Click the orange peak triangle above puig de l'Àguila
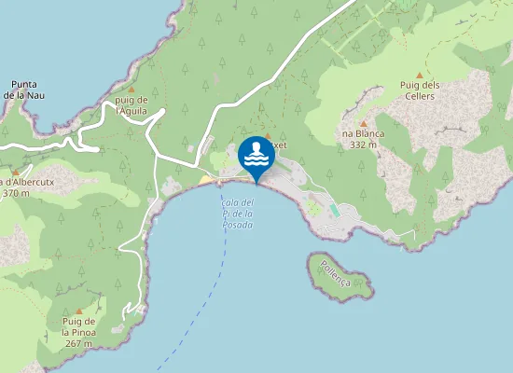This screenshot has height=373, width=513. click(x=132, y=90)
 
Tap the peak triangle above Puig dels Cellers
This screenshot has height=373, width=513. click(x=419, y=76)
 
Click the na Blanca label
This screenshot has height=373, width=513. click(x=362, y=134)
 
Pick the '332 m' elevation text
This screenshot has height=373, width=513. click(x=362, y=145)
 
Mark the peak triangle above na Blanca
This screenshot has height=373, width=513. click(x=363, y=122)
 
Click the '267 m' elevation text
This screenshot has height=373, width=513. click(x=79, y=343)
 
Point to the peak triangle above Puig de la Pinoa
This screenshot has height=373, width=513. click(x=79, y=311)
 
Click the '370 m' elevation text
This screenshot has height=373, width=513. click(x=16, y=193)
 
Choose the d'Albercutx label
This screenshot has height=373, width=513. click(x=29, y=182)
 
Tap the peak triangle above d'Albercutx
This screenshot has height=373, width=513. click(x=16, y=172)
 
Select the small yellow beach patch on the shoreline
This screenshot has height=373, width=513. click(x=205, y=180)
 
